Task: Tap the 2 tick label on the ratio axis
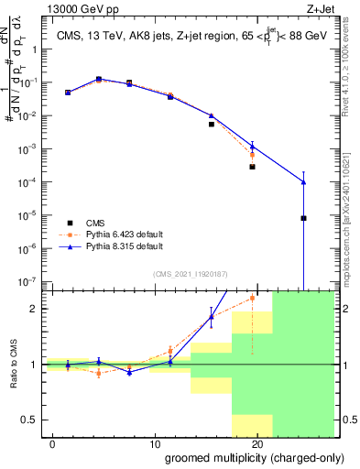tap(38, 309)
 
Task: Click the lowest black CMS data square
tap(303, 218)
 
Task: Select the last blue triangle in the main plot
tap(303, 182)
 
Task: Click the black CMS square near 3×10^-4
tap(252, 167)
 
